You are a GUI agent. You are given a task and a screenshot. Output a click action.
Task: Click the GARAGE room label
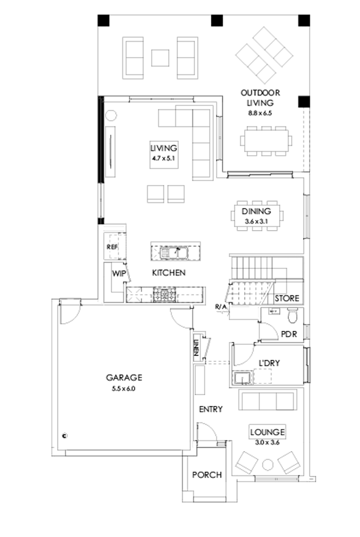[123, 378]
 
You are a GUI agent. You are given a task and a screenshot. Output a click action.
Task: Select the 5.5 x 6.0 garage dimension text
[123, 389]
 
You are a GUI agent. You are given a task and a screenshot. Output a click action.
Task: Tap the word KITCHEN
[168, 273]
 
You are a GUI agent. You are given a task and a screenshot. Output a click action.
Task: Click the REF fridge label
[112, 247]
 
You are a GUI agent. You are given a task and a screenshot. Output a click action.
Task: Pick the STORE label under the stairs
[287, 299]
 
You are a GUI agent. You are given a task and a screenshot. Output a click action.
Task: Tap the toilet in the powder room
[292, 313]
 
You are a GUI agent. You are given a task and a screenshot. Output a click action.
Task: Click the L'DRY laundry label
[269, 363]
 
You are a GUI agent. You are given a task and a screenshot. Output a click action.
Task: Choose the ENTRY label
[211, 410]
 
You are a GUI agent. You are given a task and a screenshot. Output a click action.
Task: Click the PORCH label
[207, 475]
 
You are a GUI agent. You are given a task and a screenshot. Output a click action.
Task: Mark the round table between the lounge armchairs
[268, 465]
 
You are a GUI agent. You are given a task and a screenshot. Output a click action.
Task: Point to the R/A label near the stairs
[221, 307]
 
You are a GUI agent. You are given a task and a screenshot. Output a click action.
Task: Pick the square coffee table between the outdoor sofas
[160, 57]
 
